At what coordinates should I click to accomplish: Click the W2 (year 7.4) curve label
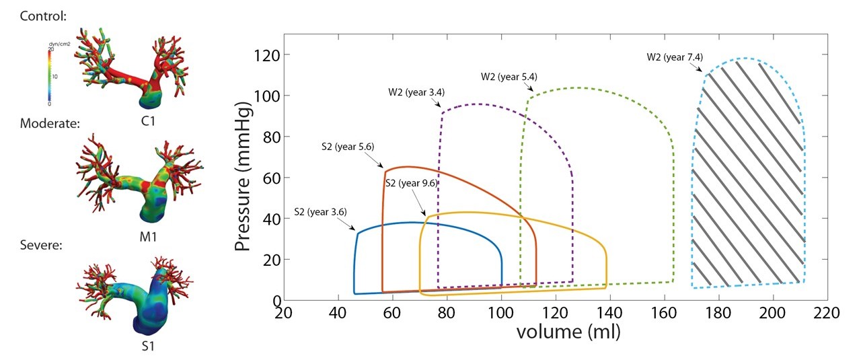click(x=674, y=58)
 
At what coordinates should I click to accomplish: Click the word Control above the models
click(x=44, y=14)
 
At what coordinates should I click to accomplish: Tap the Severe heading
click(x=42, y=245)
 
